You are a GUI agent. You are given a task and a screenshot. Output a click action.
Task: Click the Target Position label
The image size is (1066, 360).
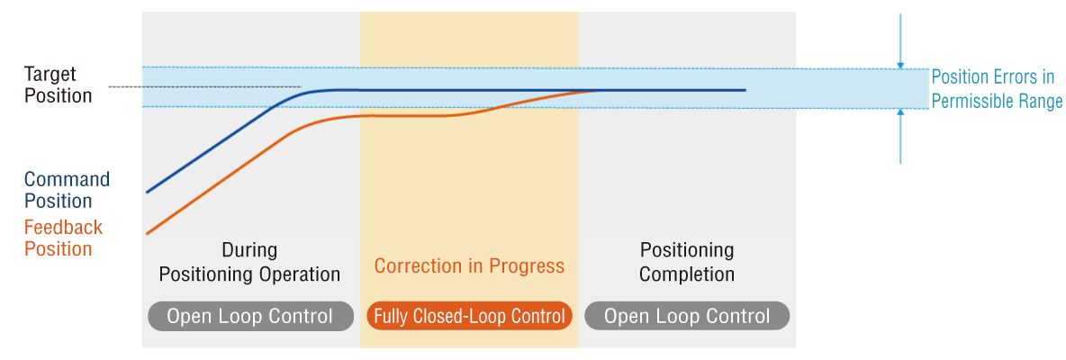pyautogui.click(x=58, y=85)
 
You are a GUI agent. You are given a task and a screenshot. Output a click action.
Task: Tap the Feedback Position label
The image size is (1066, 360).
pyautogui.click(x=63, y=238)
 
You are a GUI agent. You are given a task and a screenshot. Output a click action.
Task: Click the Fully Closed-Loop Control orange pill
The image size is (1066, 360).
pyautogui.click(x=469, y=317)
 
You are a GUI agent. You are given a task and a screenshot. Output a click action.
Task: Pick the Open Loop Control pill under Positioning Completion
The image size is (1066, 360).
pyautogui.click(x=687, y=317)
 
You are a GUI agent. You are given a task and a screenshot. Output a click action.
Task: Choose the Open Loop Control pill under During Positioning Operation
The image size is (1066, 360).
pyautogui.click(x=251, y=317)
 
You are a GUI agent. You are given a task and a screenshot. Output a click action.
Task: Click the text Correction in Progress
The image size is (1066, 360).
pyautogui.click(x=469, y=265)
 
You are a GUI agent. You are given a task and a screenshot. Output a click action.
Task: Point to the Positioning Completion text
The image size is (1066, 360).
pyautogui.click(x=687, y=262)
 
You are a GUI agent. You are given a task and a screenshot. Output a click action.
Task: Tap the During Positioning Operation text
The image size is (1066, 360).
pyautogui.click(x=249, y=262)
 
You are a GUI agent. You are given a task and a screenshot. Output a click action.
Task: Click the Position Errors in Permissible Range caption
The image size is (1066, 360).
pyautogui.click(x=996, y=89)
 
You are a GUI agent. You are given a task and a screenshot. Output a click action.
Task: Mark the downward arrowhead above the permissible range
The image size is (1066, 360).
pyautogui.click(x=901, y=65)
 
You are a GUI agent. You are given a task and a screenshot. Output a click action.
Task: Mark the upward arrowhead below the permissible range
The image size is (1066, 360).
pyautogui.click(x=901, y=112)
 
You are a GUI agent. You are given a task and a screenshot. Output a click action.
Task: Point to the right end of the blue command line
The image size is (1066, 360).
pyautogui.click(x=745, y=90)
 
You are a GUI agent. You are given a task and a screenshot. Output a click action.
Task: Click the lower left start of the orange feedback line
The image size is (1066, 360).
pyautogui.click(x=148, y=234)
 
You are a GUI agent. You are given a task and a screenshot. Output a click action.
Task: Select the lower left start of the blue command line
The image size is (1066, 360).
pyautogui.click(x=148, y=193)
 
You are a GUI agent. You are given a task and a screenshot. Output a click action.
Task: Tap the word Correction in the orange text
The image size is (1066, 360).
pyautogui.click(x=413, y=265)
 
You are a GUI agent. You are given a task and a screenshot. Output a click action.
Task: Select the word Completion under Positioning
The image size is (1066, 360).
pyautogui.click(x=687, y=274)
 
